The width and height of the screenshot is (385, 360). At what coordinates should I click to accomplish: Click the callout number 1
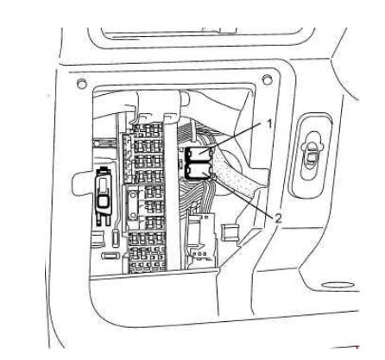point(269,124)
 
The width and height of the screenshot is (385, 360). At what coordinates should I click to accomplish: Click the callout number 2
point(278,218)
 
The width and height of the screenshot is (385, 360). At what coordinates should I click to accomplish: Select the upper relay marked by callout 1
point(199,154)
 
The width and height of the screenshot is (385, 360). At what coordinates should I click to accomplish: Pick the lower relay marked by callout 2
point(199,171)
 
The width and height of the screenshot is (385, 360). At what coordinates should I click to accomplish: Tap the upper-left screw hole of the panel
point(82,84)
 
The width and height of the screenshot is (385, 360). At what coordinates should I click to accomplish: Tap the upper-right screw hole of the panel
point(267,79)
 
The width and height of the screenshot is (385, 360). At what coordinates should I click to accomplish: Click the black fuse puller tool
point(103,196)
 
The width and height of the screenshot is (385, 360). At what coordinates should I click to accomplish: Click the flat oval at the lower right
point(338,285)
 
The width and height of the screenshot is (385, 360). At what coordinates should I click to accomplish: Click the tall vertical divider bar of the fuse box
point(172,193)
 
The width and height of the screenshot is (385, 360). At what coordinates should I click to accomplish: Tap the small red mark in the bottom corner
point(357,347)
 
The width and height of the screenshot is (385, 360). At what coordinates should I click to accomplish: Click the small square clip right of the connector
point(230,232)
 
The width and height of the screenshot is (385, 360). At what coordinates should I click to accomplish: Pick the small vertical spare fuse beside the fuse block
point(116,237)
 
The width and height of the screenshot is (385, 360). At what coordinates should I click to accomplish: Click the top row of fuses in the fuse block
point(147,131)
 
